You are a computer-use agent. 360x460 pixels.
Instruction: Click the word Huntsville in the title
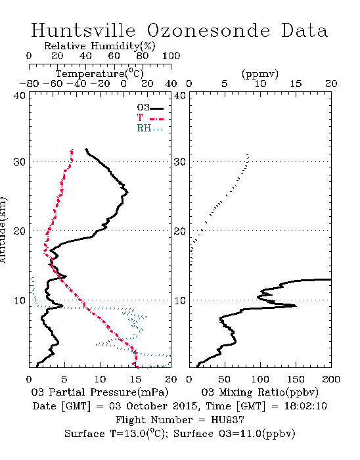pyautogui.click(x=83, y=30)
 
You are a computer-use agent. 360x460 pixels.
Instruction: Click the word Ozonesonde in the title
pyautogui.click(x=208, y=30)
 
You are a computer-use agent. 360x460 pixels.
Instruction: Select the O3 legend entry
pyautogui.click(x=150, y=108)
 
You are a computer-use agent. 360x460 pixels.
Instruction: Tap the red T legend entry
pyautogui.click(x=150, y=118)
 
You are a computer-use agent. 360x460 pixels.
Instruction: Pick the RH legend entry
pyautogui.click(x=150, y=128)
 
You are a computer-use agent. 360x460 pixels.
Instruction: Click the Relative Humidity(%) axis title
pyautogui.click(x=100, y=46)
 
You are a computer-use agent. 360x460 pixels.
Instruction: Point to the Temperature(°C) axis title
pyautogui.click(x=100, y=74)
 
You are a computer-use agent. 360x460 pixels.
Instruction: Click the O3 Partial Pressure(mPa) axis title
pyautogui.click(x=100, y=392)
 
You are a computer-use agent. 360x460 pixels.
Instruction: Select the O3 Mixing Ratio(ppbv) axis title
pyautogui.click(x=259, y=392)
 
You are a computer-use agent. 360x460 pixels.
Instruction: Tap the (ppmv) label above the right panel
pyautogui.click(x=259, y=74)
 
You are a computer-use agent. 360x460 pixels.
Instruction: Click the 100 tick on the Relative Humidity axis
pyautogui.click(x=171, y=55)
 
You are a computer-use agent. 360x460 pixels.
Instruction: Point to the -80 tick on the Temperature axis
pyautogui.click(x=29, y=83)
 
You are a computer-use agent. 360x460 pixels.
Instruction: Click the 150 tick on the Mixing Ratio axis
pyautogui.click(x=296, y=379)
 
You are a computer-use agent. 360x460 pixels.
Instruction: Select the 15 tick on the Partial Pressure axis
pyautogui.click(x=135, y=379)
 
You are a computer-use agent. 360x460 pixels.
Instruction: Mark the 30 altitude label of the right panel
pyautogui.click(x=180, y=162)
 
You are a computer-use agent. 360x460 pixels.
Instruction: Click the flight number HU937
pyautogui.click(x=227, y=420)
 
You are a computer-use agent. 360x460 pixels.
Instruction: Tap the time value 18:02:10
pyautogui.click(x=305, y=406)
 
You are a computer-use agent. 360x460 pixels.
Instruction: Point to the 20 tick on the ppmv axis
pyautogui.click(x=331, y=83)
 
